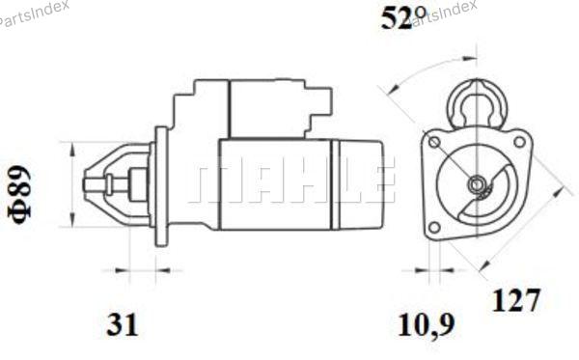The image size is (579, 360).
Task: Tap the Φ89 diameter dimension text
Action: (20, 195)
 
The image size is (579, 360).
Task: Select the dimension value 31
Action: (123, 324)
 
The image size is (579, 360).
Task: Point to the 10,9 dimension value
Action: (426, 325)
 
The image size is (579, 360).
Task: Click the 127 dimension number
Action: (516, 300)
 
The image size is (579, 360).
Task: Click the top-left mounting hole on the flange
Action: (434, 142)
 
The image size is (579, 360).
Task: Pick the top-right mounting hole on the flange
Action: (519, 142)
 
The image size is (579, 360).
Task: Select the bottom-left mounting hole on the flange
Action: (435, 227)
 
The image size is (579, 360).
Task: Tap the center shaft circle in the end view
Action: (476, 183)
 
